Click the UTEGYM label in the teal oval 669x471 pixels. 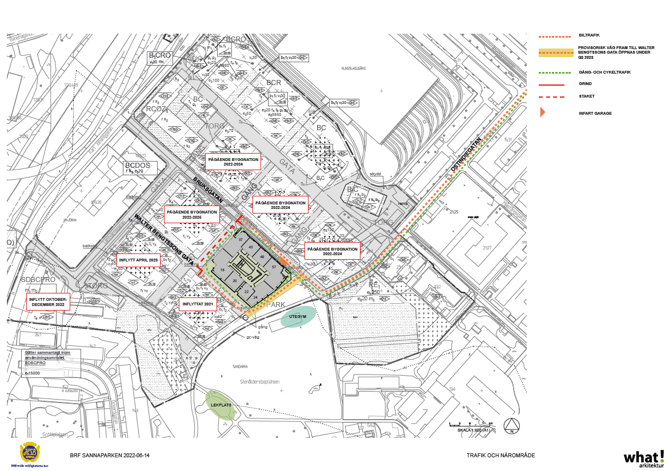(x=298, y=316)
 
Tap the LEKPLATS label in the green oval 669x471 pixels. (x=220, y=405)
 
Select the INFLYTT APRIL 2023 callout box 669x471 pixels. (x=137, y=260)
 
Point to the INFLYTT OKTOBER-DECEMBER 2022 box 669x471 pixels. (x=48, y=302)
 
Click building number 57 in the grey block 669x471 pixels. (x=274, y=267)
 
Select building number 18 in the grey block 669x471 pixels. (x=222, y=270)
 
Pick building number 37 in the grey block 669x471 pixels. (x=241, y=240)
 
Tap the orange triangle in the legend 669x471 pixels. (x=543, y=112)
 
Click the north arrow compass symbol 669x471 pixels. (x=511, y=426)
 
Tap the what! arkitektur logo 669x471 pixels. (x=643, y=458)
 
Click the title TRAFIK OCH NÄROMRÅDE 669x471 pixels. (x=500, y=456)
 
